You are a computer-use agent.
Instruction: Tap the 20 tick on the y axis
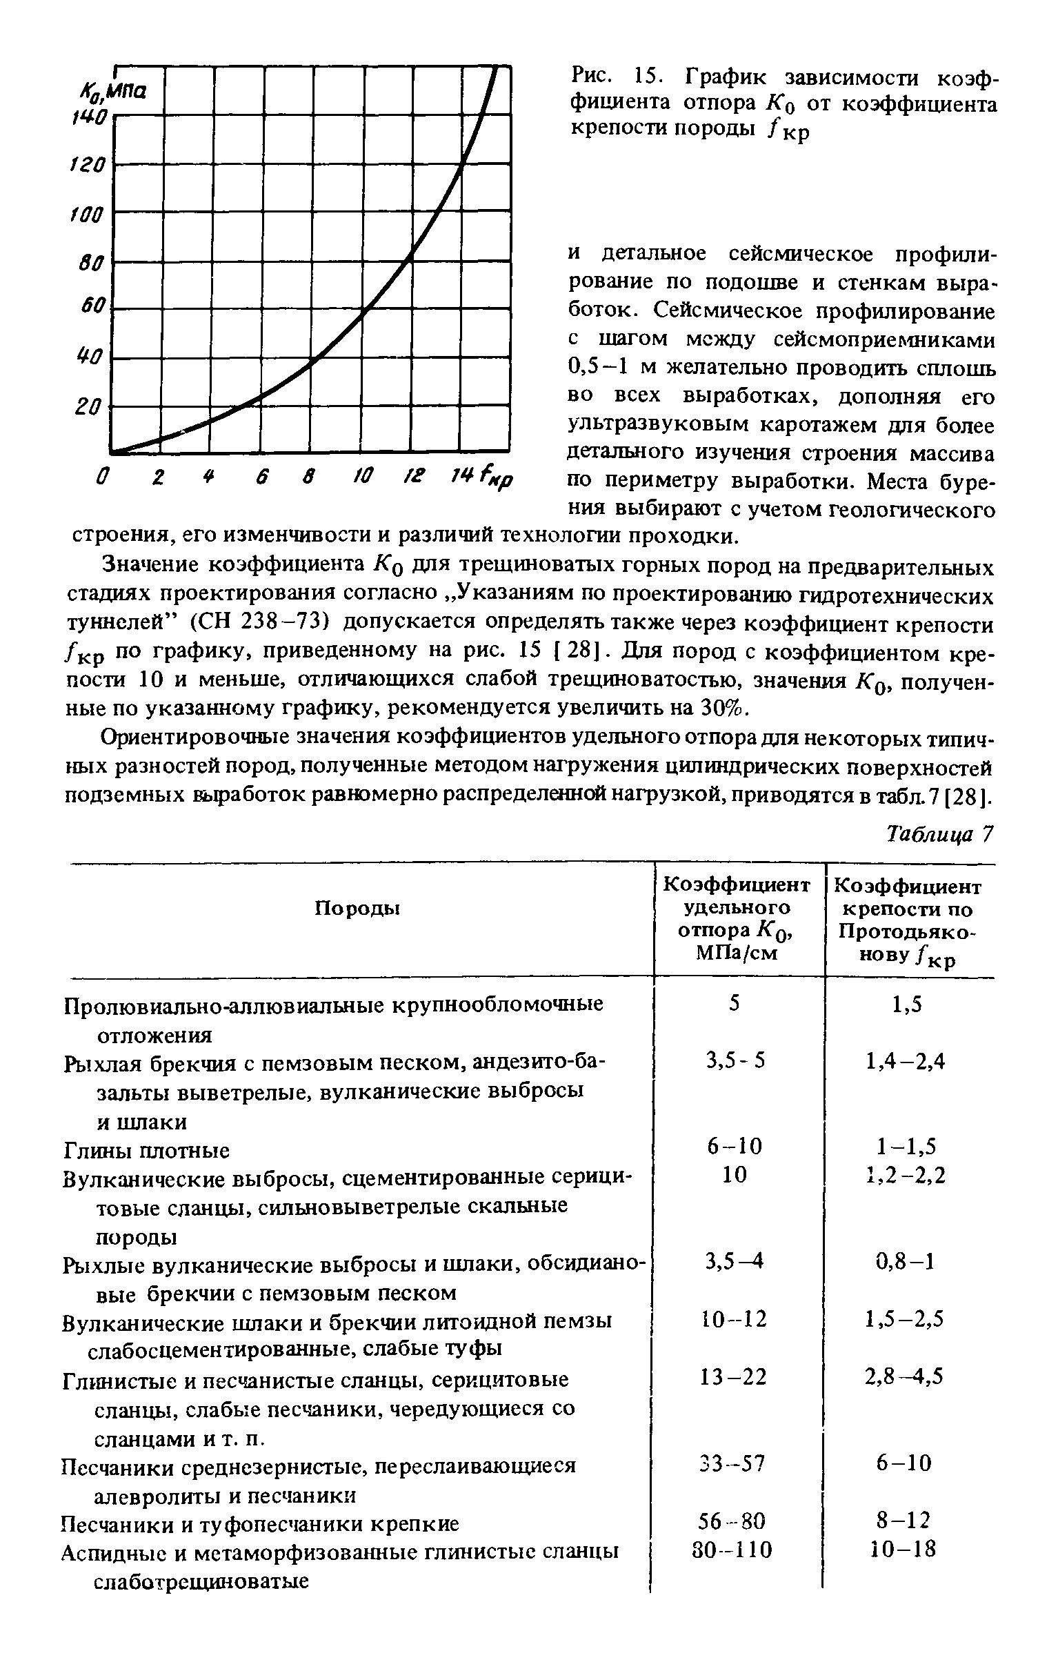point(89,407)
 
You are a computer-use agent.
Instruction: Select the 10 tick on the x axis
point(362,477)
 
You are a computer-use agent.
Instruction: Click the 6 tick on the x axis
point(261,477)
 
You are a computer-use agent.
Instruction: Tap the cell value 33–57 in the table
point(734,1463)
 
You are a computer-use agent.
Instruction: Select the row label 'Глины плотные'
point(146,1151)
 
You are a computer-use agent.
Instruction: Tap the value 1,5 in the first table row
point(908,1005)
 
